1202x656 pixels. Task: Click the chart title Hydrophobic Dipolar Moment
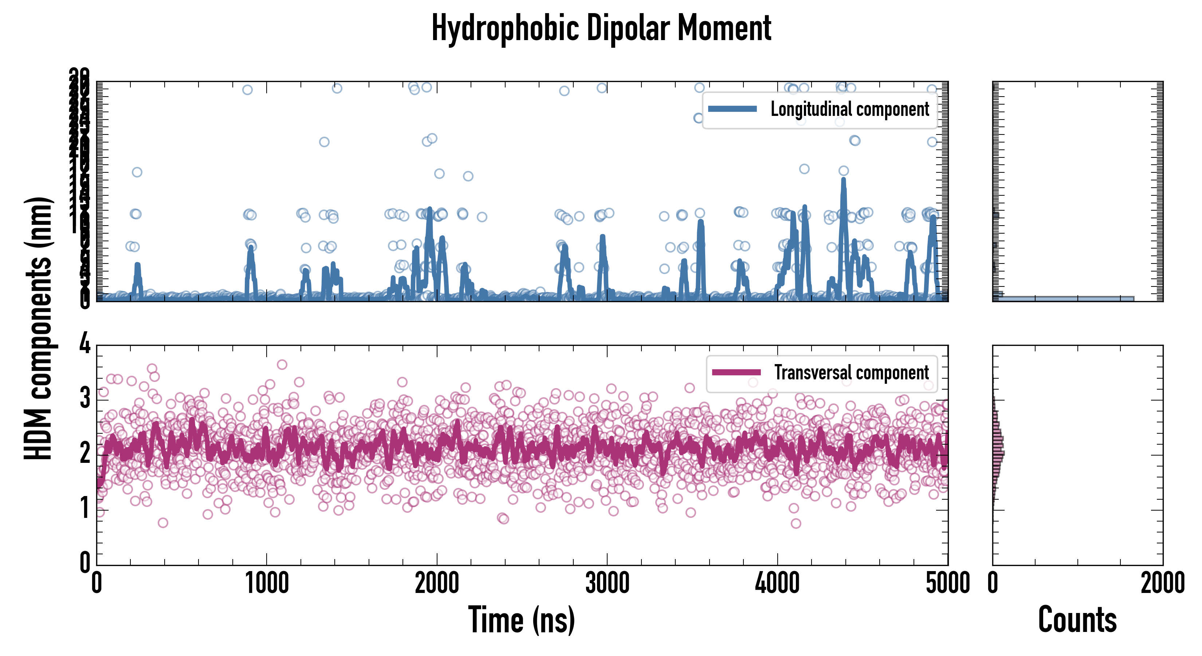[x=601, y=28]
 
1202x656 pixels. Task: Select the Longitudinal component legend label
[x=849, y=109]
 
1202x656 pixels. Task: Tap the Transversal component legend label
[x=852, y=372]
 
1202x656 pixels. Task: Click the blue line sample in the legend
[x=732, y=109]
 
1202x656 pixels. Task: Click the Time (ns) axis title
[x=521, y=620]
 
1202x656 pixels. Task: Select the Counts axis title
[x=1077, y=620]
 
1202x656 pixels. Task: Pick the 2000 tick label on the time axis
[x=437, y=583]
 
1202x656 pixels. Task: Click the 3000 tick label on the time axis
[x=607, y=583]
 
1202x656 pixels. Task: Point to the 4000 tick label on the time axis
[x=777, y=583]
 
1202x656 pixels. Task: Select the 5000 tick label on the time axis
[x=947, y=583]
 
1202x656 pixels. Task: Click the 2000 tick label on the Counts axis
[x=1162, y=583]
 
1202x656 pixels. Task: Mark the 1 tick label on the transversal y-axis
[x=85, y=508]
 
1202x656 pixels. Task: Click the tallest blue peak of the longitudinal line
[x=843, y=181]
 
